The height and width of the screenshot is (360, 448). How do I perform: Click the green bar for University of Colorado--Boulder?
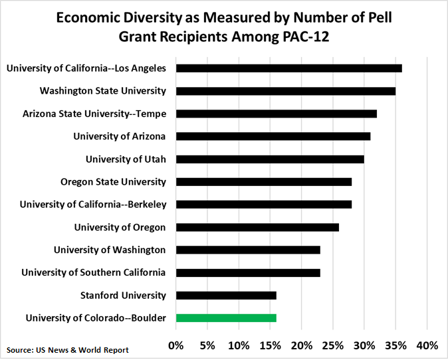[226, 318]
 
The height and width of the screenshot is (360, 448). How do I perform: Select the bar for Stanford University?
[226, 296]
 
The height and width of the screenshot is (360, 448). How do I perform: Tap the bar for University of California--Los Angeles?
[289, 68]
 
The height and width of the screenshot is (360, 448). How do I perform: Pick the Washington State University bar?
[286, 91]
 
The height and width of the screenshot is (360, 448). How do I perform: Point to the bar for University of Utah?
[270, 159]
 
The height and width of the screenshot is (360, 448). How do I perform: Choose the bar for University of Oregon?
[257, 227]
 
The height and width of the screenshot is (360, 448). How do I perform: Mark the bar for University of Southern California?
[248, 273]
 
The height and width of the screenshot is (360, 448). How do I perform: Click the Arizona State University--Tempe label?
[94, 114]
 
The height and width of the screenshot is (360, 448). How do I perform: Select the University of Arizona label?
[120, 136]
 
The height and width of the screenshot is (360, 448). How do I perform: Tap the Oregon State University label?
[113, 182]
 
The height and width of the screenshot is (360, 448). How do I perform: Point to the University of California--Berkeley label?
[93, 205]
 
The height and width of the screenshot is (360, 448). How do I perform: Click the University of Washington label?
[110, 250]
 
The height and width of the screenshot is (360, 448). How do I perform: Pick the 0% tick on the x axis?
[176, 345]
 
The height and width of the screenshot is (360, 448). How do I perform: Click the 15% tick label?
[271, 345]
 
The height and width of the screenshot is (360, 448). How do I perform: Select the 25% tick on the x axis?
[333, 345]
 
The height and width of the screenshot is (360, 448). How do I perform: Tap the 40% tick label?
[427, 345]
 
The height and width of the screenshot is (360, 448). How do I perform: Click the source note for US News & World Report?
[68, 350]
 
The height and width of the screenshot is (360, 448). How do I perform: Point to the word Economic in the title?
[89, 18]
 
